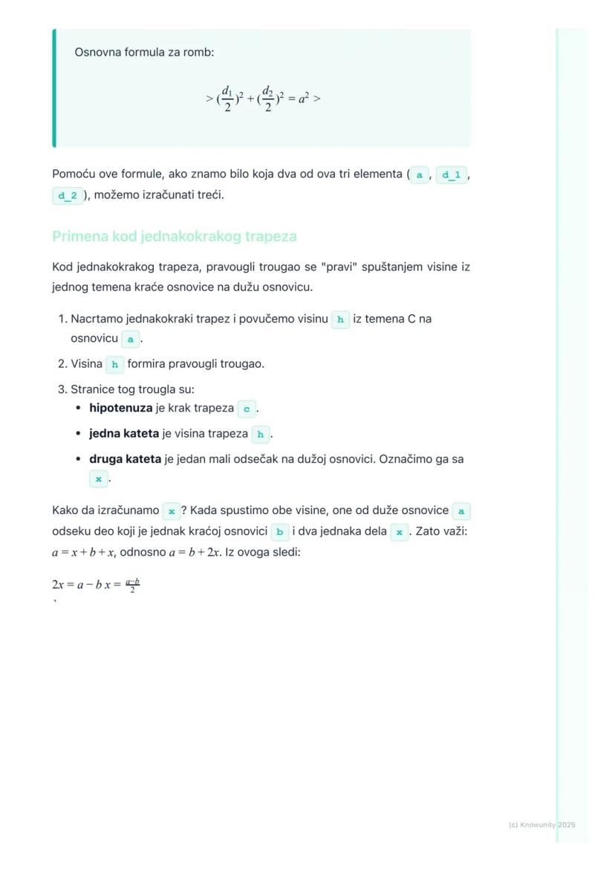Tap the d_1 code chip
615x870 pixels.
[x=451, y=175]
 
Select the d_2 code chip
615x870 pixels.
[x=68, y=196]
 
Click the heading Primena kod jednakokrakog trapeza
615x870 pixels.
[x=175, y=236]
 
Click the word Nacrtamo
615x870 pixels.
[x=97, y=319]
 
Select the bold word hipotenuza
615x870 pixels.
[x=120, y=408]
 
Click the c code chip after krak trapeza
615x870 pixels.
[x=247, y=409]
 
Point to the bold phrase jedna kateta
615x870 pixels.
[x=123, y=433]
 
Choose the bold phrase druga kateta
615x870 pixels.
[x=125, y=459]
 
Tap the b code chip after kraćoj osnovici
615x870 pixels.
[x=279, y=532]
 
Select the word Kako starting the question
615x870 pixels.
[x=65, y=510]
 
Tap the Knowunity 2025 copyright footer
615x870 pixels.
[x=542, y=825]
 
